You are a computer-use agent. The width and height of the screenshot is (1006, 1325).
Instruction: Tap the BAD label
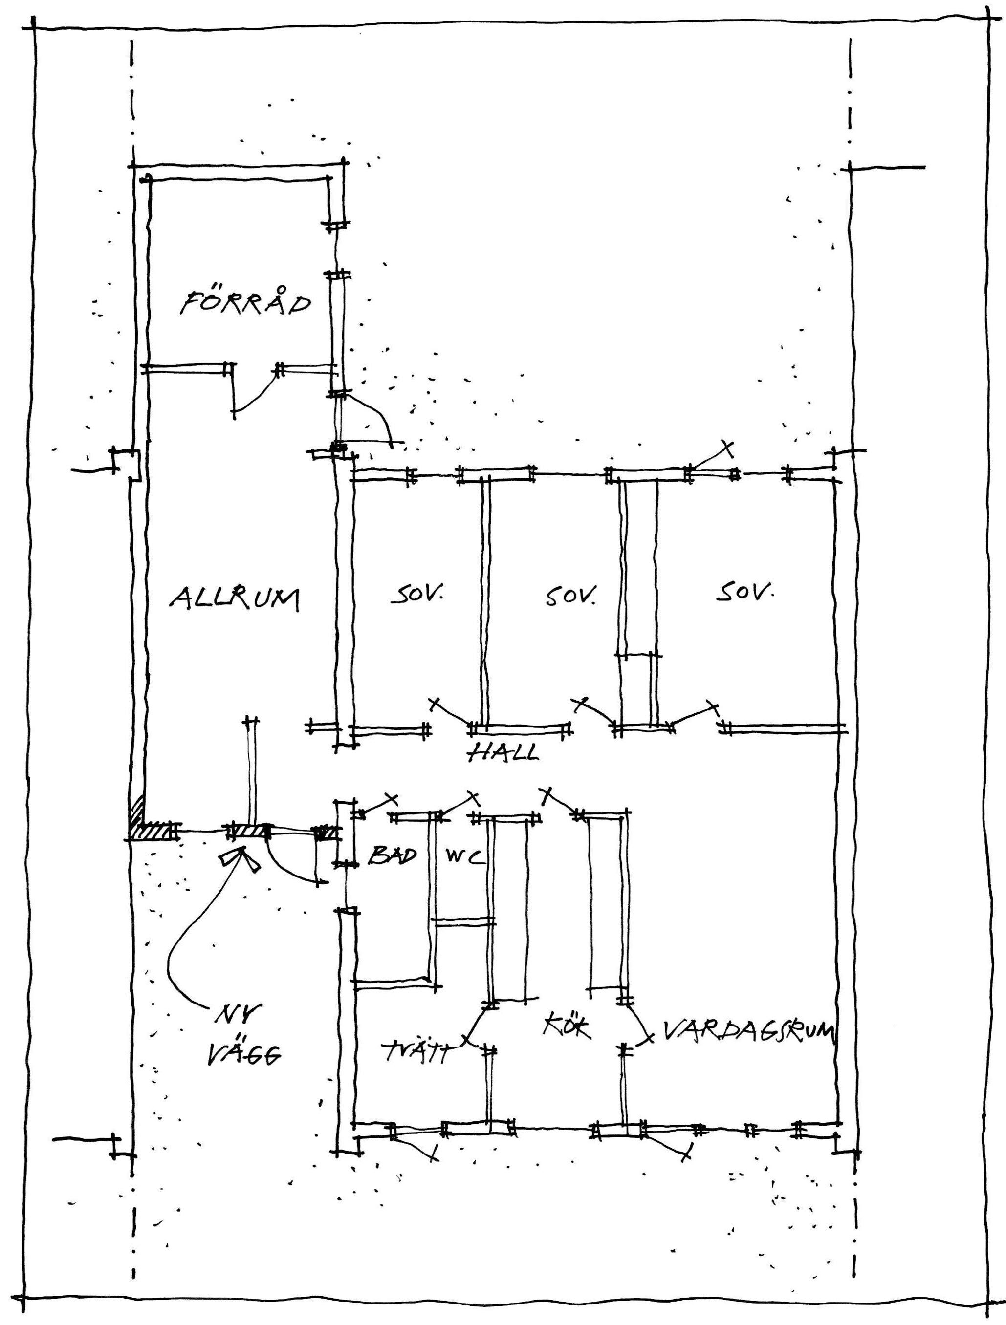tap(392, 856)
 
